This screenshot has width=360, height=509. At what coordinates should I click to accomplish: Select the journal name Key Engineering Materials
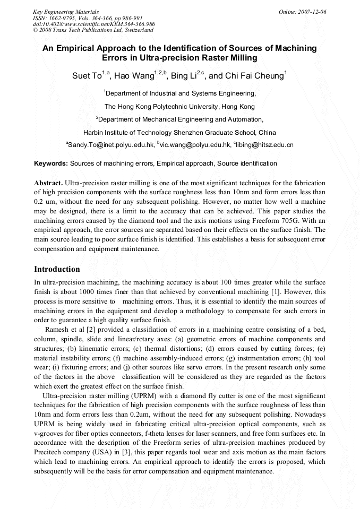pyautogui.click(x=66, y=11)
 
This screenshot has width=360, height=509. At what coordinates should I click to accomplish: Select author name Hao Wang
pyautogui.click(x=135, y=76)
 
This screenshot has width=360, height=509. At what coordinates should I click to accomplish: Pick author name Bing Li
pyautogui.click(x=184, y=76)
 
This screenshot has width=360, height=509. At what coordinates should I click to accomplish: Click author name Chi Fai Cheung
pyautogui.click(x=254, y=76)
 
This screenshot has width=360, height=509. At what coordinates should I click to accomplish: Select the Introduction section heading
pyautogui.click(x=57, y=269)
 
